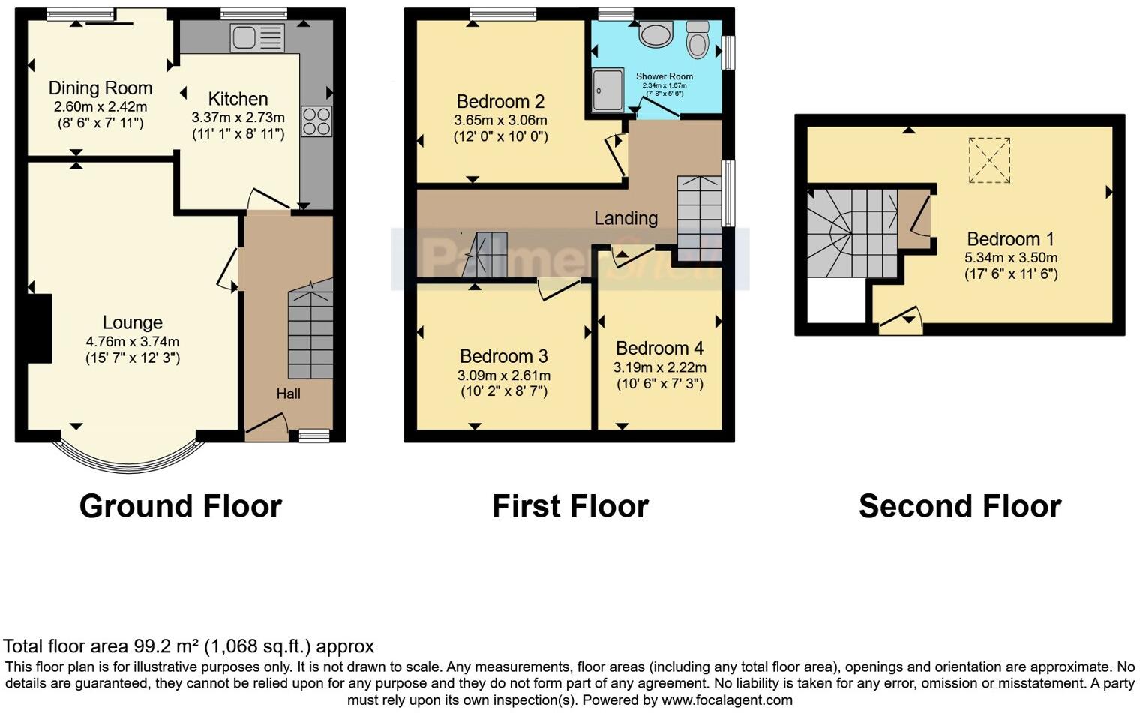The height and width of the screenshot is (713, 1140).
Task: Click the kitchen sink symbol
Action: (x=257, y=37)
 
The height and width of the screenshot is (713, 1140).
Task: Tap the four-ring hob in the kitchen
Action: (x=316, y=122)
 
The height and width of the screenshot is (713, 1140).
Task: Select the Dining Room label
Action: (x=100, y=88)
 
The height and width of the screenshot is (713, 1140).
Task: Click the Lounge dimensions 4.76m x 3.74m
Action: (x=133, y=342)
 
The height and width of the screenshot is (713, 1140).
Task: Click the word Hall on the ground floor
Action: (x=289, y=394)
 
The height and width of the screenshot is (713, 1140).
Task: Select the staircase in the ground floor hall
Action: (x=310, y=330)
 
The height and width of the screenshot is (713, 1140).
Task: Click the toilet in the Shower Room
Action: (x=697, y=39)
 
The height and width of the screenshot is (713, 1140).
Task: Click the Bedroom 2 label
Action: (x=500, y=102)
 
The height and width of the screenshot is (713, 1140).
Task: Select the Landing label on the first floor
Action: (x=625, y=218)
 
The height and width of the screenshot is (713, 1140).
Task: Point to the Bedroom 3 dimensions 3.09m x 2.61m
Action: (x=504, y=376)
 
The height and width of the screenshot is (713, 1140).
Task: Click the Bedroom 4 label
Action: (x=659, y=349)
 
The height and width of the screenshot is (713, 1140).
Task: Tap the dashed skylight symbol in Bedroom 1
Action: (x=989, y=160)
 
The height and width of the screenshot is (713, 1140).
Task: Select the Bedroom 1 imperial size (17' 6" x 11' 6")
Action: (x=1010, y=274)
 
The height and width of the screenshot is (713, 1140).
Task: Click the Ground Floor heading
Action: (x=180, y=507)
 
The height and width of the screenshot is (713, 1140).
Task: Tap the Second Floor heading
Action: (x=959, y=507)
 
